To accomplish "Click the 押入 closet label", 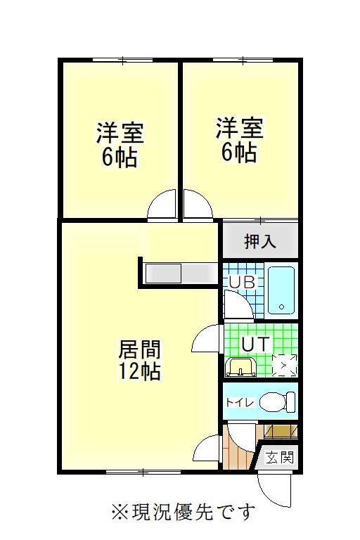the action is pos(259,241).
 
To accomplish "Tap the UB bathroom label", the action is pos(242,283).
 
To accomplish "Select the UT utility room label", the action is pos(255,344).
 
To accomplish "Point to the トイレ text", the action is pos(240,402).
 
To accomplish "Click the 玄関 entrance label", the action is pos(279,458).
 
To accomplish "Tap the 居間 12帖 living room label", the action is pos(139,360).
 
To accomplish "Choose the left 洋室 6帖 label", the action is pos(120,145).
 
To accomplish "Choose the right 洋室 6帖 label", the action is pos(240,140).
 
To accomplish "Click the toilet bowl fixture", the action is pos(277,402).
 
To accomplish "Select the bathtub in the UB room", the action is pos(281,290).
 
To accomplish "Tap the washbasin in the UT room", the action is pos(240,368).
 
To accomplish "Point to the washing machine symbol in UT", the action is pos(284,366).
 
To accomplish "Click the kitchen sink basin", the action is pos(163,273).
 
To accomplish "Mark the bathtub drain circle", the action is pos(281,307).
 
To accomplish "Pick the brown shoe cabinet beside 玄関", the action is pos(280,431).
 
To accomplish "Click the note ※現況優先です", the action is pos(184,512).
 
